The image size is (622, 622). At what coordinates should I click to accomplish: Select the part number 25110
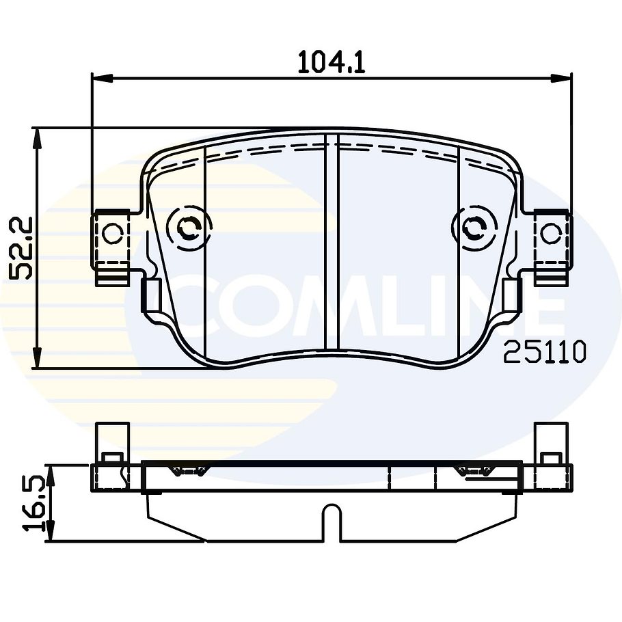point(545,352)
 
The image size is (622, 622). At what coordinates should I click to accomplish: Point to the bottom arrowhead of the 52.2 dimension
point(38,359)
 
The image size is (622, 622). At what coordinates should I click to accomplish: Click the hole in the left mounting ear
point(112,234)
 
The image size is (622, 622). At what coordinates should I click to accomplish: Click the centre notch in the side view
point(332,519)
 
